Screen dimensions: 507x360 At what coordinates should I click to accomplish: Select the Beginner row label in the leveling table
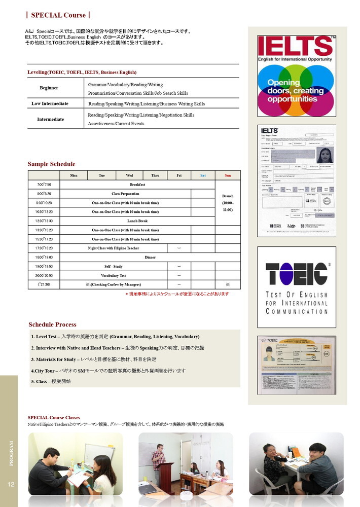coord(49,88)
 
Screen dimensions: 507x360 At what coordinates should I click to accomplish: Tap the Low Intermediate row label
coord(50,103)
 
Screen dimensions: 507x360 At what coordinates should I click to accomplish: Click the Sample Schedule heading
coord(51,164)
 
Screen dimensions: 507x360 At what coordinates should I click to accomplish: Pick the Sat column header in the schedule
coord(203,175)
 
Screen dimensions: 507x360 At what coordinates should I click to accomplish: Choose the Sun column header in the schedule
coord(228,175)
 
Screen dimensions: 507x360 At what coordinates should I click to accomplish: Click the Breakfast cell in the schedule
coord(137,185)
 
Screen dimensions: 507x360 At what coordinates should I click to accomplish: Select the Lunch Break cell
coord(137,221)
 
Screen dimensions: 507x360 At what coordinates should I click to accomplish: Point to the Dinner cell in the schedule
coord(150,257)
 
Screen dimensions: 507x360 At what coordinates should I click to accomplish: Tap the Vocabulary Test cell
coord(113,275)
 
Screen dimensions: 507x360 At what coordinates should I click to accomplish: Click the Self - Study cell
coord(113,266)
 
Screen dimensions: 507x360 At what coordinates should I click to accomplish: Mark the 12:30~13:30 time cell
coord(44,221)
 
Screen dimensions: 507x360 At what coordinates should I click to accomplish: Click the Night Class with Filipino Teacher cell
coord(113,248)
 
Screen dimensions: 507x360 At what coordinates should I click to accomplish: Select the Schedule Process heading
coord(52,324)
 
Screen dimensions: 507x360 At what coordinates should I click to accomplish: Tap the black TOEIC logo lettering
coord(297,274)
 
